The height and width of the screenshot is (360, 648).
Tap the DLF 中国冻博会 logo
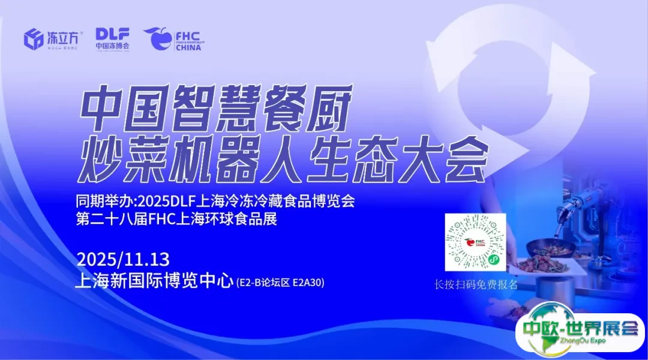[x=113, y=38]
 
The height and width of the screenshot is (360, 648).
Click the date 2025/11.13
[x=123, y=260]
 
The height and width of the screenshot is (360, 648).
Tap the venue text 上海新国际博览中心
[x=154, y=281]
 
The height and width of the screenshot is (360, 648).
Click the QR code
[x=475, y=242]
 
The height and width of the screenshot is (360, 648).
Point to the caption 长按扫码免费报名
[x=476, y=284]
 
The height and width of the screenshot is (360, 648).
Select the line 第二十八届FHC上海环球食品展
[x=176, y=219]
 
